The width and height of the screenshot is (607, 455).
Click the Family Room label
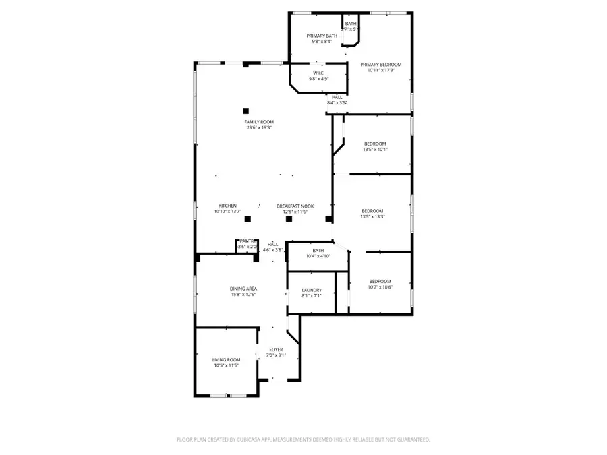(259, 122)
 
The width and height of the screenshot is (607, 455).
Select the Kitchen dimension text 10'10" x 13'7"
(227, 212)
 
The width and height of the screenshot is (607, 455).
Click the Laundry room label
(312, 290)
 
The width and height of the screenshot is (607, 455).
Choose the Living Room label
(227, 360)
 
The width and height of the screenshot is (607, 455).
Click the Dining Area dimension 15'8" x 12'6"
(243, 295)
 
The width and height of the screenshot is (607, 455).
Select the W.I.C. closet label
(318, 73)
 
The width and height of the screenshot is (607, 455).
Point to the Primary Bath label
(318, 36)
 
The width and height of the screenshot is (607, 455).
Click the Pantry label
(247, 241)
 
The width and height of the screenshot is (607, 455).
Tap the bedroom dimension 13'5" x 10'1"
(375, 150)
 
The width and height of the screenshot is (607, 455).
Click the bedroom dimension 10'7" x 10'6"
(380, 287)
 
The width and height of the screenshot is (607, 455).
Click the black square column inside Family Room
(246, 110)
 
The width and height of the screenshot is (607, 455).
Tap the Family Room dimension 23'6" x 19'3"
(259, 128)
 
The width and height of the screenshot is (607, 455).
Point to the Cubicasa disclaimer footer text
(303, 439)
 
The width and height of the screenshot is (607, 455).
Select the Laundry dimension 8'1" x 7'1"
(312, 295)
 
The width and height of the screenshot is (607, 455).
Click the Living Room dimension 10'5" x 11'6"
(227, 365)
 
